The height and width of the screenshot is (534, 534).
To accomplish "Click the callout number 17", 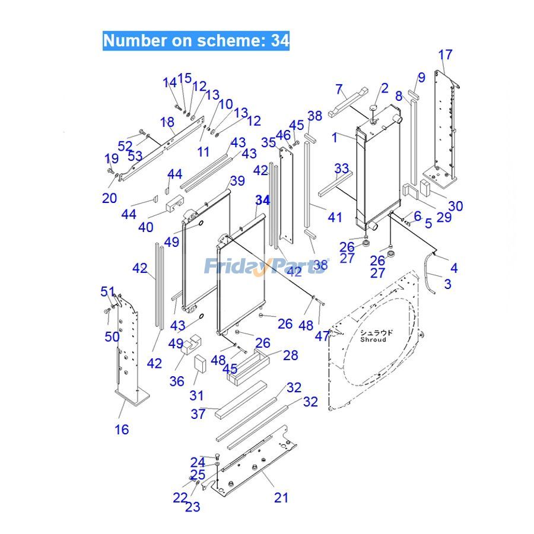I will point(445,55).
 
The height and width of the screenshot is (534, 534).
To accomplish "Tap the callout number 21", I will point(281,497).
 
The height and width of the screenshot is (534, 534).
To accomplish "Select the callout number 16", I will point(122,429).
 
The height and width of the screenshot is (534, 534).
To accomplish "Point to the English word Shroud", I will point(373,340).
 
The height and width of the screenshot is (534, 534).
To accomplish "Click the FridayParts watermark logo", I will point(266,266).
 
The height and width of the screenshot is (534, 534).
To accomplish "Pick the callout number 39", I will point(237,180).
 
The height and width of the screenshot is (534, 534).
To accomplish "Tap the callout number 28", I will point(290,355).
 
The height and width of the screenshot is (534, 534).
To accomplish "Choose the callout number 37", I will point(198,414).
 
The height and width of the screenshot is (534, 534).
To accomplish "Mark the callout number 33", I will point(341,169).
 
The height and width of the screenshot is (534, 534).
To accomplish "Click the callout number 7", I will point(339,90).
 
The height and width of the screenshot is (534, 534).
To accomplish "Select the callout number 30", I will point(456,206).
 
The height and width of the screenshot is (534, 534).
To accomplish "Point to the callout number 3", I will point(447,284).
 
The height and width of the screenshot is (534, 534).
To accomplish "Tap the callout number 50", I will point(112,336).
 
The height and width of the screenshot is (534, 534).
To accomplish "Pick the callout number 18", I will point(167,122).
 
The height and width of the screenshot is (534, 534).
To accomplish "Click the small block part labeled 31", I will point(199,363).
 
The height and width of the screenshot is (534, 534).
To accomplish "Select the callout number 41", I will point(335,217).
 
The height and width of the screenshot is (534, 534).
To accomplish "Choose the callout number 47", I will point(322,336).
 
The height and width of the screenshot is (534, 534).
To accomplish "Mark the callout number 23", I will point(192,507).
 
